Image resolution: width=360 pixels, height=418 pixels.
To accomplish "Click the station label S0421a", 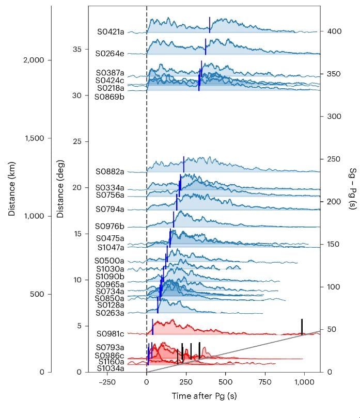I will tap(111, 31).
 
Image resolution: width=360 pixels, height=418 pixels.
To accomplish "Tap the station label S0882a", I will tap(111, 171).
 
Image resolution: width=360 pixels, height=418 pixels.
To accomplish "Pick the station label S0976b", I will tap(110, 227).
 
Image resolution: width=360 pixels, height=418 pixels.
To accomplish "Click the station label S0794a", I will tap(111, 209).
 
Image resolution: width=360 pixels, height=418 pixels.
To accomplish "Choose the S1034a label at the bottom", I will tap(111, 368).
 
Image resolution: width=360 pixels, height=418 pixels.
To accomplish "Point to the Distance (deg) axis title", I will tap(60, 189).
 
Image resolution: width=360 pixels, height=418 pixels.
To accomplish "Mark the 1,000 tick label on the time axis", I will tap(305, 382).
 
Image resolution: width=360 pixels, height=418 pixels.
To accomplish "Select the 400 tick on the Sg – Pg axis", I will tap(334, 31).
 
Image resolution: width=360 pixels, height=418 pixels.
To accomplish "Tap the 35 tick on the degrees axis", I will tap(77, 50).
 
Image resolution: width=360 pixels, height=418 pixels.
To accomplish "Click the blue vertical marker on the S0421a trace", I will tap(210, 24).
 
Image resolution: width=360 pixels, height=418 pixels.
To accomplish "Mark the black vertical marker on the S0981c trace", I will tap(302, 327).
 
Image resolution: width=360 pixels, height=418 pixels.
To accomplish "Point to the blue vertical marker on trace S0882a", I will tap(183, 165).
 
